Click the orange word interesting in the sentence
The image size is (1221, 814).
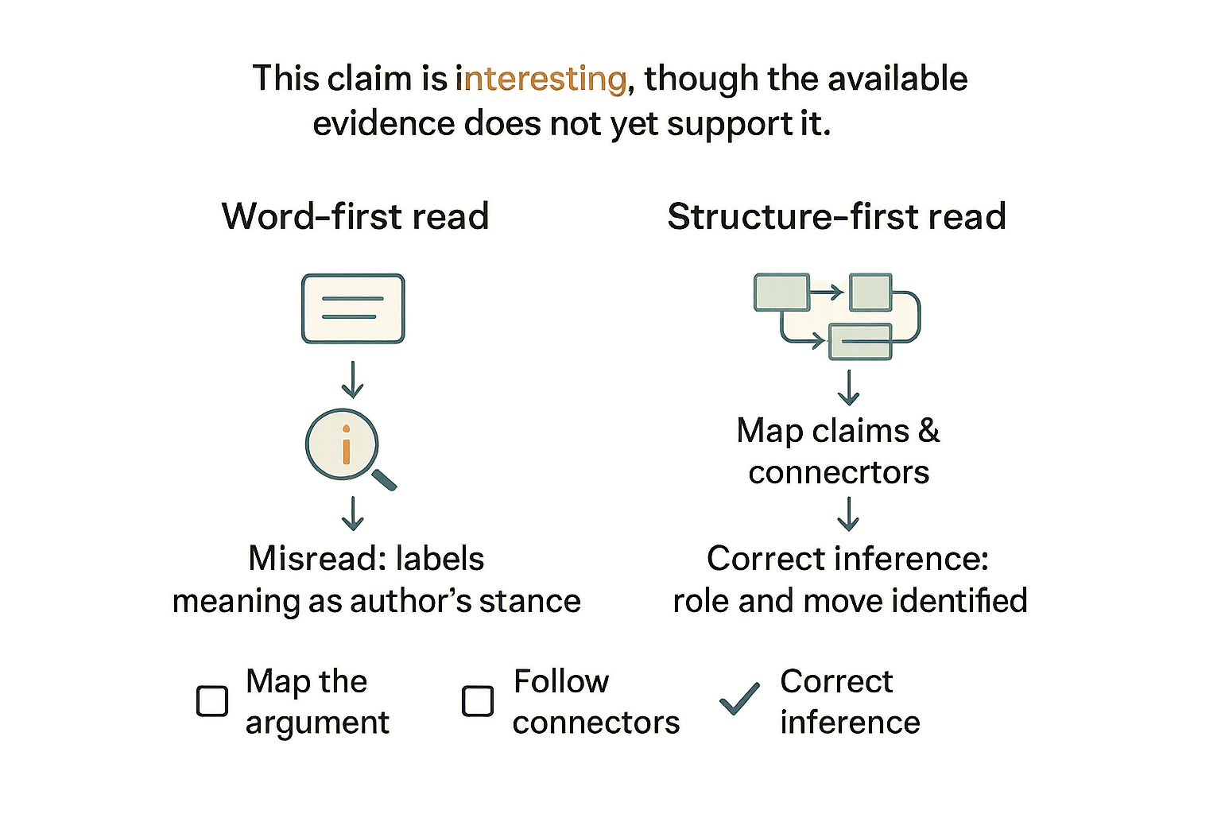[541, 79]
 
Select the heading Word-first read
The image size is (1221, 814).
[355, 216]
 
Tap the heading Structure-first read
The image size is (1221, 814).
[837, 216]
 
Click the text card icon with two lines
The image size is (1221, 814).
[353, 308]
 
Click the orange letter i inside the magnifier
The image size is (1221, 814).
[346, 444]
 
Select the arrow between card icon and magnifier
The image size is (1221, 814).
[353, 379]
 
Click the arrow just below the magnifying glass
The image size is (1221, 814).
[353, 513]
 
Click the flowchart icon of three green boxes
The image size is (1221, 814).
[837, 316]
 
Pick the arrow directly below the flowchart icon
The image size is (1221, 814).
[849, 388]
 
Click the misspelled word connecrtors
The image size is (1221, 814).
[839, 472]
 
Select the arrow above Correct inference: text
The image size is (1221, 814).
[849, 514]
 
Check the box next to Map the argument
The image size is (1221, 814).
[212, 700]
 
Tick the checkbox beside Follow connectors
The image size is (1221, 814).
[478, 700]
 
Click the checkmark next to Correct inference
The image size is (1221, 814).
[740, 699]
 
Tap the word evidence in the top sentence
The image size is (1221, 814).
[384, 123]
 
